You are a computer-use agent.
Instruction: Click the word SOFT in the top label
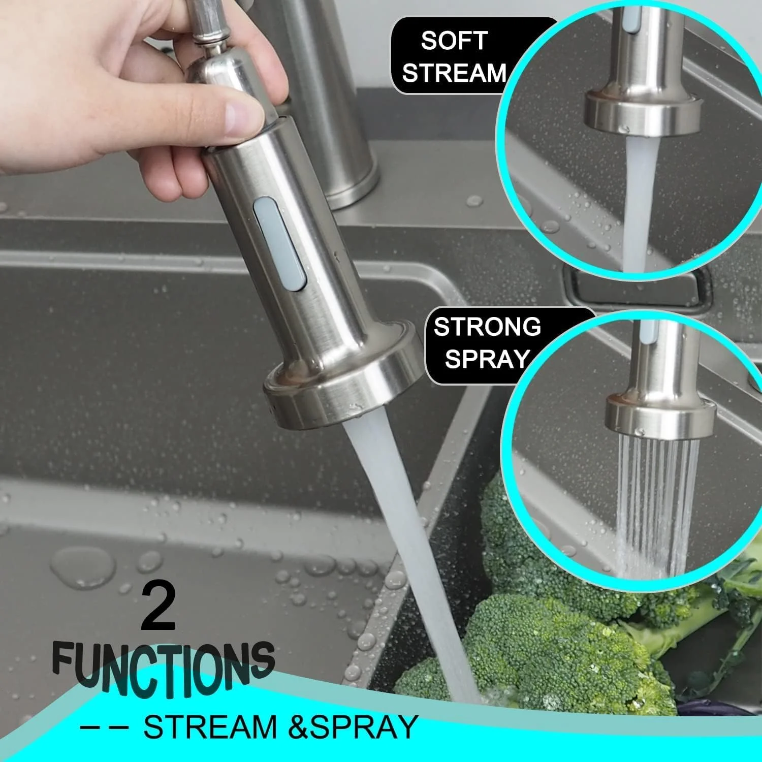[x=454, y=40]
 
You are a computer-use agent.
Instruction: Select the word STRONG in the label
[x=487, y=327]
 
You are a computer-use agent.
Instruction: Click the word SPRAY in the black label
[x=487, y=359]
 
